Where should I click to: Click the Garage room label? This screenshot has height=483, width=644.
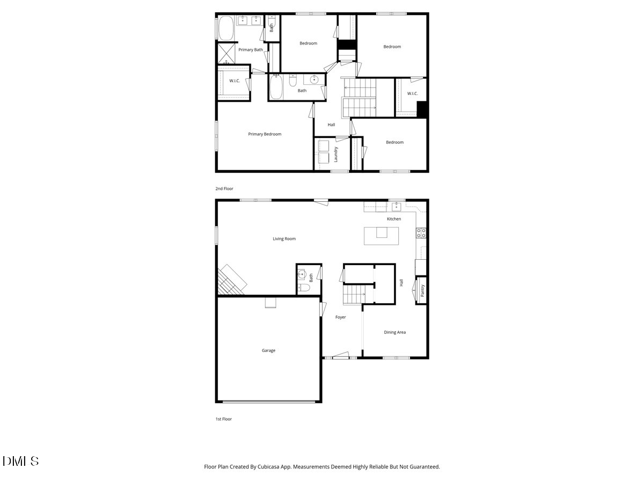pyautogui.click(x=268, y=350)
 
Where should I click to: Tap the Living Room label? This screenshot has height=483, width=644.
pyautogui.click(x=284, y=239)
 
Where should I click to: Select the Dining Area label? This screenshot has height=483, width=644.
pyautogui.click(x=394, y=332)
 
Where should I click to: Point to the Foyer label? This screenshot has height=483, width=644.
pyautogui.click(x=340, y=317)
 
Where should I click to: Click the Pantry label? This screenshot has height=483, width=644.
pyautogui.click(x=422, y=290)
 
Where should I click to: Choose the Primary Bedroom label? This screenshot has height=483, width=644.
pyautogui.click(x=265, y=134)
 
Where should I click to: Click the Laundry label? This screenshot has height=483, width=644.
pyautogui.click(x=335, y=155)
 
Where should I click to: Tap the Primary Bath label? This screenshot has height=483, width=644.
pyautogui.click(x=251, y=50)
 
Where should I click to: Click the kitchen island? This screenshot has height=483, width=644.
pyautogui.click(x=381, y=236)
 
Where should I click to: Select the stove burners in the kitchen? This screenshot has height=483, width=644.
pyautogui.click(x=421, y=233)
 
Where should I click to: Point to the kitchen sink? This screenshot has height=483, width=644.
pyautogui.click(x=397, y=206)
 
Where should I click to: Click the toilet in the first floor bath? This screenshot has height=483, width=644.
pyautogui.click(x=304, y=288)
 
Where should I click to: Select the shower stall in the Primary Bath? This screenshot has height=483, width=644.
pyautogui.click(x=226, y=54)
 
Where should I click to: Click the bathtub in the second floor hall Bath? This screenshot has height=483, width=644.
pyautogui.click(x=276, y=87)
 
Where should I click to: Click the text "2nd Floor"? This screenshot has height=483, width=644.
pyautogui.click(x=224, y=189)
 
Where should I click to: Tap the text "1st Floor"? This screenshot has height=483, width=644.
pyautogui.click(x=223, y=419)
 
